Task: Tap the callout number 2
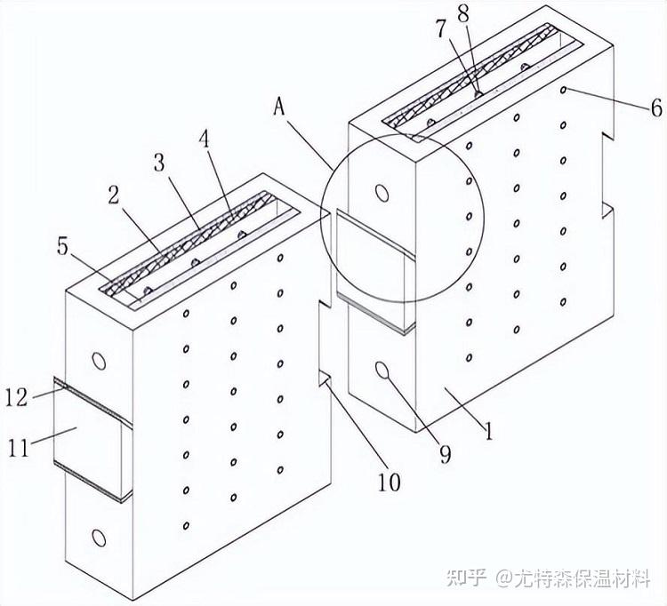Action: click(x=114, y=195)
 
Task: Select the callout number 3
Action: click(x=159, y=163)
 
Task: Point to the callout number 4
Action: click(x=205, y=139)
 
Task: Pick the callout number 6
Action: click(x=656, y=108)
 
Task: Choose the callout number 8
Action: click(x=462, y=14)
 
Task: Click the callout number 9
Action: click(x=445, y=455)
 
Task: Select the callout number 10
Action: click(x=389, y=482)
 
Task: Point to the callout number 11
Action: click(x=19, y=449)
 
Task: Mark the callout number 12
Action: click(x=16, y=398)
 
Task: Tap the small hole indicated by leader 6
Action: click(x=563, y=90)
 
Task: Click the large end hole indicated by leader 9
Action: click(x=382, y=371)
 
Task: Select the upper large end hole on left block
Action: click(x=99, y=361)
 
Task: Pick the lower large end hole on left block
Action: click(x=99, y=538)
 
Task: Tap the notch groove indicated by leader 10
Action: click(x=325, y=379)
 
